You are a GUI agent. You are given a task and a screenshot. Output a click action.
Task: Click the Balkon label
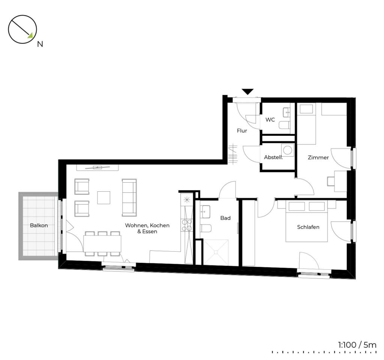coord(39,225)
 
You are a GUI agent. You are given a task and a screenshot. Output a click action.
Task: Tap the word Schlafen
coord(308,227)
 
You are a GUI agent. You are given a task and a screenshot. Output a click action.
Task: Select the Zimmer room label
coord(318,157)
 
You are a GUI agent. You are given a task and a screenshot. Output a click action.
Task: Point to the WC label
coord(270,120)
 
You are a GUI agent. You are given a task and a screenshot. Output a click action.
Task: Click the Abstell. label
coord(273,157)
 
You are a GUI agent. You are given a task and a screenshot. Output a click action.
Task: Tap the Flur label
coord(242,131)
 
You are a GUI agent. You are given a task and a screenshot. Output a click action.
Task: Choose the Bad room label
coord(225,218)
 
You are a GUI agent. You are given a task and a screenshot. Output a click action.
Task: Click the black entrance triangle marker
coord(247,91)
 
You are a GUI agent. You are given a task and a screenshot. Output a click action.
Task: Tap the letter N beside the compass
coord(40,44)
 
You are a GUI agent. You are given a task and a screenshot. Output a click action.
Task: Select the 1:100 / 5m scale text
coord(357,345)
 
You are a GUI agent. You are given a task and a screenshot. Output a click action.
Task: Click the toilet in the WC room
coord(284,125)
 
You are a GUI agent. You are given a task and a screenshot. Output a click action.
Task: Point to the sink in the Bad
coord(205,211)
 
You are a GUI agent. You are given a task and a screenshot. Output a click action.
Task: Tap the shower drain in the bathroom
coord(216,252)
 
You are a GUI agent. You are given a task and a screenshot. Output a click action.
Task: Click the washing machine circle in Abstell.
coord(288,149)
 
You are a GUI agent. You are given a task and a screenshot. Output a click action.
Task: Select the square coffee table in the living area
coord(103,198)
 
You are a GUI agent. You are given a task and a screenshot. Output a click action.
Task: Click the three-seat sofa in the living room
coord(129,198)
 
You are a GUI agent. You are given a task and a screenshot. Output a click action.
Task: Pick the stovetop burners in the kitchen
coord(187,225)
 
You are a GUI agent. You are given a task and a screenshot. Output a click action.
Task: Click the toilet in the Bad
coord(206,228)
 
